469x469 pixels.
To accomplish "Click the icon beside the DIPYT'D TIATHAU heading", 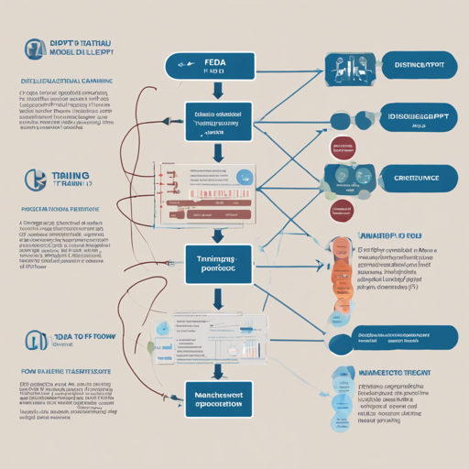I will [33, 49].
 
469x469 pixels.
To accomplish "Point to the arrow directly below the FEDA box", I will [217, 90].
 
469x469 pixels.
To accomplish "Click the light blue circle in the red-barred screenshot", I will [242, 178].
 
